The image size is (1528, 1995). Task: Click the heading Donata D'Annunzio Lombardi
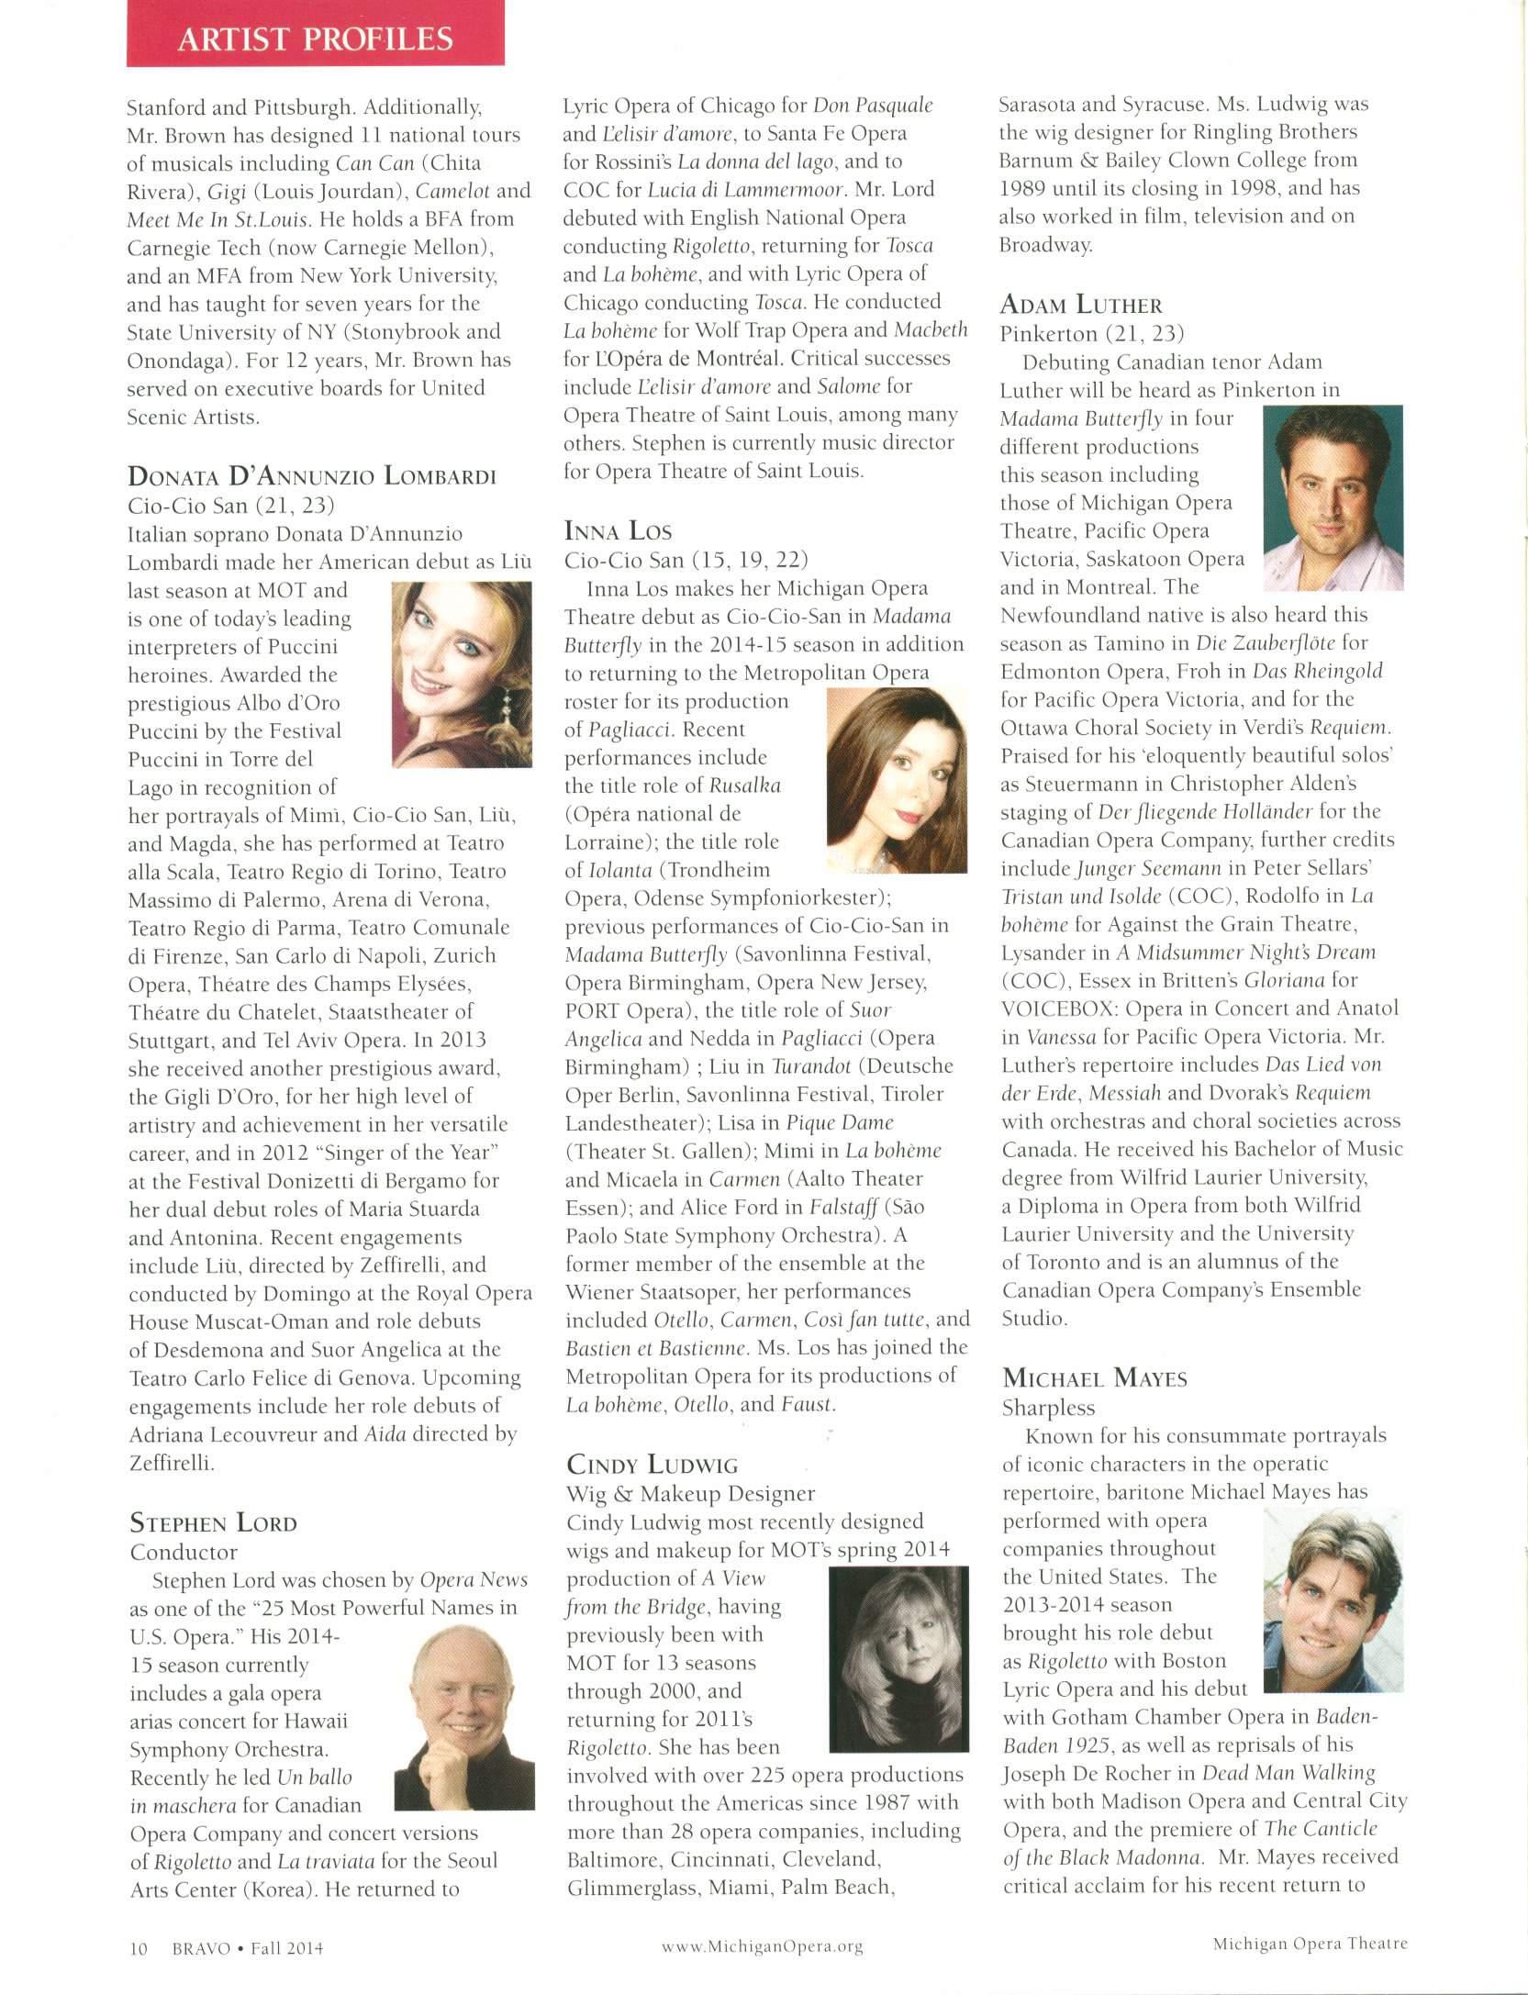(313, 476)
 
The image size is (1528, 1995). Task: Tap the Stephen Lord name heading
(214, 1523)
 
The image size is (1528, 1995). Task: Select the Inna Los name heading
(618, 530)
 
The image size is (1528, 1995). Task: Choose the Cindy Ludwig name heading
(652, 1464)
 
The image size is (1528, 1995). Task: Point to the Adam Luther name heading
(1082, 306)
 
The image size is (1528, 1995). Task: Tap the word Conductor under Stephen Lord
(184, 1552)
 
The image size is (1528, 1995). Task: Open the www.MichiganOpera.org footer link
(763, 1945)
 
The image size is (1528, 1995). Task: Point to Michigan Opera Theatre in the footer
(1310, 1943)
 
